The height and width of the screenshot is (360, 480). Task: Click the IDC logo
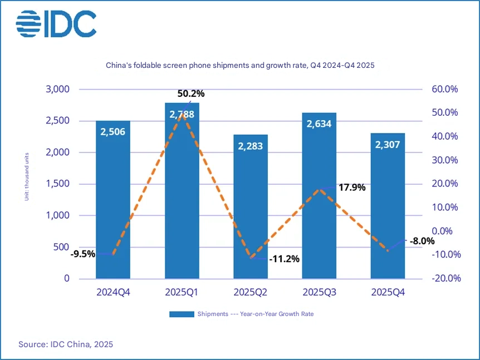(x=56, y=23)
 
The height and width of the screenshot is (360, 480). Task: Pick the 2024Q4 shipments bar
(x=113, y=206)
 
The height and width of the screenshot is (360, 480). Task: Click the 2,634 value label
(x=319, y=124)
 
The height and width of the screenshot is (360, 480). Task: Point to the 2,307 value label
(x=388, y=144)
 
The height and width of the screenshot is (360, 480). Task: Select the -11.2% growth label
(x=284, y=259)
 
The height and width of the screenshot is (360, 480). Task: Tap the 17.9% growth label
(x=352, y=188)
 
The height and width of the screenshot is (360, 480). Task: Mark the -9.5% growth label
(x=83, y=254)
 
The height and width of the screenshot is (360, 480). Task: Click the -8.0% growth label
(x=422, y=241)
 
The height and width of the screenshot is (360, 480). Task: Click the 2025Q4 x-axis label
(x=388, y=292)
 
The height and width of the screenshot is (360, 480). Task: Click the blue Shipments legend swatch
(x=182, y=314)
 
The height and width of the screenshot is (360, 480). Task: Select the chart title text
(x=240, y=65)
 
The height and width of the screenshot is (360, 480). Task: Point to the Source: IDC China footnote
(x=66, y=344)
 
